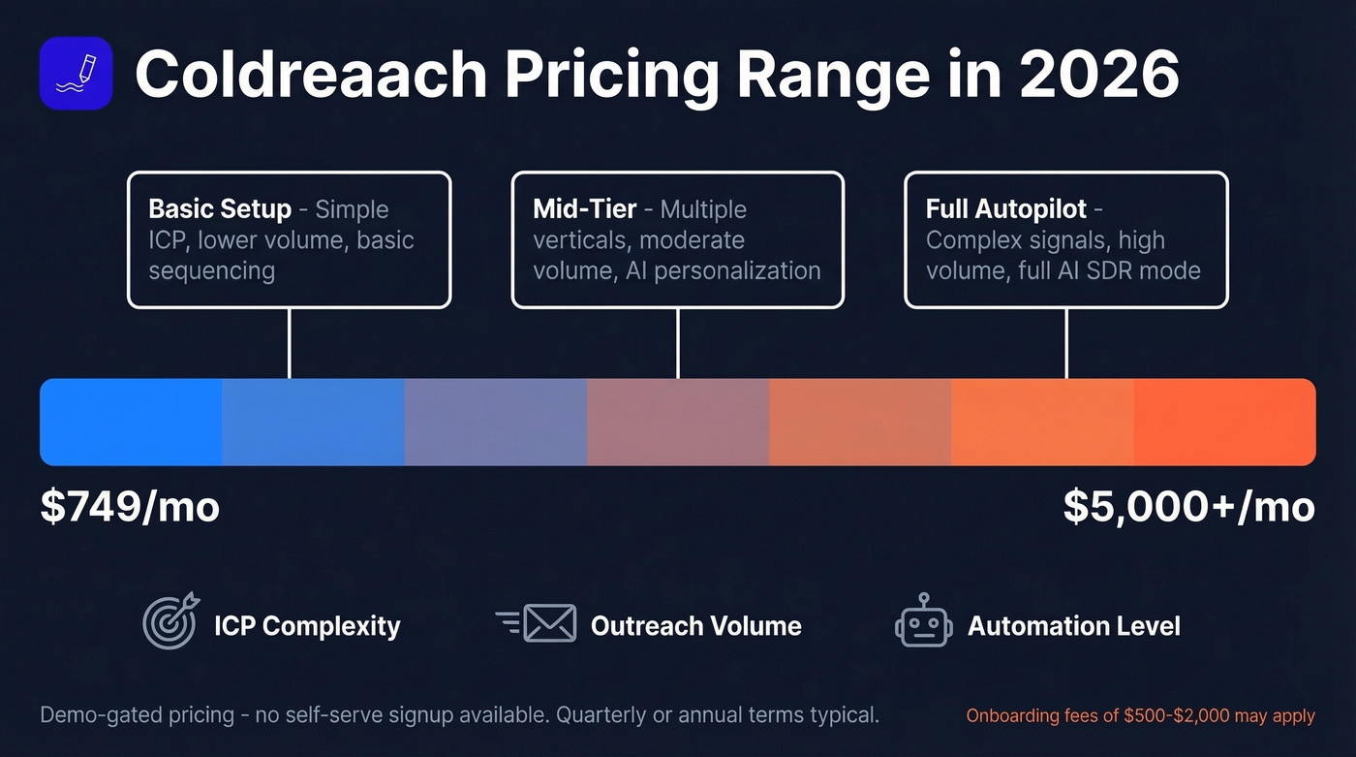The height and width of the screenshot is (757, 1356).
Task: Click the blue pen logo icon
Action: tap(76, 73)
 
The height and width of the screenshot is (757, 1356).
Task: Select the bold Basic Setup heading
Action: tap(220, 209)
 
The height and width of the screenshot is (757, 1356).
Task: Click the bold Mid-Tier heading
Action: tap(585, 209)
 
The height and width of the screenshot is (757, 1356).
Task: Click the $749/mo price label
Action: tap(130, 507)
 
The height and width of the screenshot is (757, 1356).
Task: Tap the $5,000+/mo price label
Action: tap(1188, 507)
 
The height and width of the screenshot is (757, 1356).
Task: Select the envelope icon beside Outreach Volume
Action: tap(548, 623)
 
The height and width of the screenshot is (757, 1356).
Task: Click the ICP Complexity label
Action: tap(307, 626)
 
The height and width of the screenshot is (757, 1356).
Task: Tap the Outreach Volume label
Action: tap(695, 626)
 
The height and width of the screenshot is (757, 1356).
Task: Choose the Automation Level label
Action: tap(1073, 626)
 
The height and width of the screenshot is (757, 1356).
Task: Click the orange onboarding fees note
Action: tap(1140, 716)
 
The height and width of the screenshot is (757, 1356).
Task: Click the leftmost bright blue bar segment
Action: tap(131, 423)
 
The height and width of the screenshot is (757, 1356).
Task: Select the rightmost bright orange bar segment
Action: tap(1224, 423)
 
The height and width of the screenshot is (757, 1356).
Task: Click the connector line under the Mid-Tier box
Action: tap(677, 343)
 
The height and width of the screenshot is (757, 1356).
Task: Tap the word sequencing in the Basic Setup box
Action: tap(211, 270)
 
